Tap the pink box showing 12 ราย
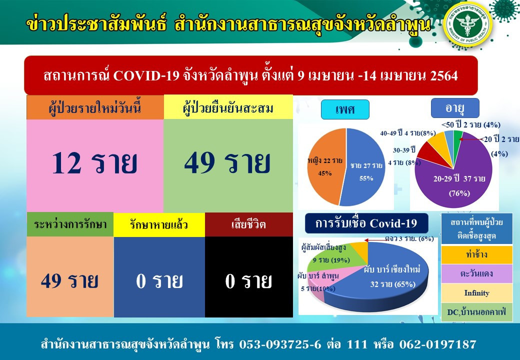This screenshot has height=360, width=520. click(95, 165)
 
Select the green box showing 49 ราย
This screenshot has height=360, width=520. click(228, 165)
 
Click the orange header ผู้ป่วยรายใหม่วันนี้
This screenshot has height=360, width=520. click(95, 107)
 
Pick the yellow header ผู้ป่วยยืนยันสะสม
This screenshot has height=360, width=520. click(228, 107)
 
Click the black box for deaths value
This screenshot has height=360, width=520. click(249, 277)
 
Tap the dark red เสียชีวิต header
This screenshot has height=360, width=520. click(249, 224)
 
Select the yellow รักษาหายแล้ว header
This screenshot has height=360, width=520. click(159, 224)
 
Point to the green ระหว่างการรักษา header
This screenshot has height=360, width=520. click(70, 224)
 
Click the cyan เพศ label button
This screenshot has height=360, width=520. click(345, 109)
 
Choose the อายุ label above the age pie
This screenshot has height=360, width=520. click(455, 107)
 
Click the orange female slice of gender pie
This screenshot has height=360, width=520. click(323, 165)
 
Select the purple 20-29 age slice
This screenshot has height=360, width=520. click(457, 179)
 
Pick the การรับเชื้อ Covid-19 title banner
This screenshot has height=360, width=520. click(366, 223)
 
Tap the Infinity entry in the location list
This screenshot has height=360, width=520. click(476, 292)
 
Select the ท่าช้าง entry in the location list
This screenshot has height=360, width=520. click(476, 254)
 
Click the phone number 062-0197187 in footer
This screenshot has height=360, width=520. click(438, 344)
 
